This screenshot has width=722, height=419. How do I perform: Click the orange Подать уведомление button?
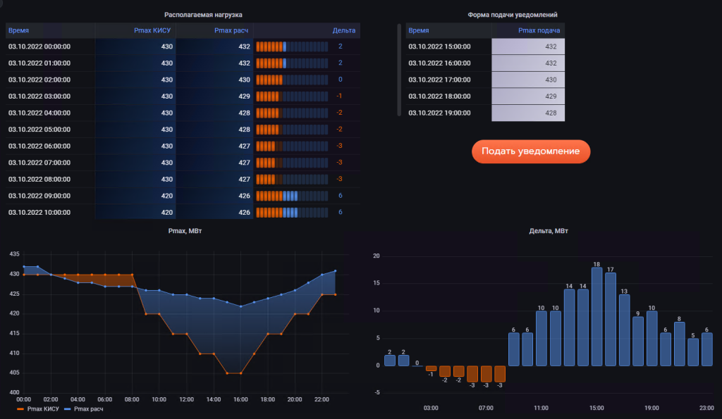click(x=530, y=151)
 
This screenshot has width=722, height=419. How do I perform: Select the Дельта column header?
click(x=344, y=30)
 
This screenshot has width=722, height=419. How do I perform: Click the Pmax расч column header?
click(x=232, y=30)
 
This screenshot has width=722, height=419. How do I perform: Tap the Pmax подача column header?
click(x=539, y=30)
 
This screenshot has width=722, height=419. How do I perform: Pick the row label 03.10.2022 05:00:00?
click(x=39, y=130)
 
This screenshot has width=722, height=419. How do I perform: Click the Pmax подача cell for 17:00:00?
click(x=528, y=80)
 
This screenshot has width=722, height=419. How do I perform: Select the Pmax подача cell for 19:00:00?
click(x=528, y=113)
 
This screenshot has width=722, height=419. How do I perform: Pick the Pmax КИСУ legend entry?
click(x=39, y=408)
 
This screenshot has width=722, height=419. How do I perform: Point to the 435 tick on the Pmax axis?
click(x=13, y=254)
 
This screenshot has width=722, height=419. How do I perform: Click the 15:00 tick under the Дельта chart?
click(x=596, y=408)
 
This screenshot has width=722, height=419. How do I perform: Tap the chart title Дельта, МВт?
click(x=549, y=231)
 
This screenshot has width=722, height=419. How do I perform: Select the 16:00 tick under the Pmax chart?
click(x=241, y=399)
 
